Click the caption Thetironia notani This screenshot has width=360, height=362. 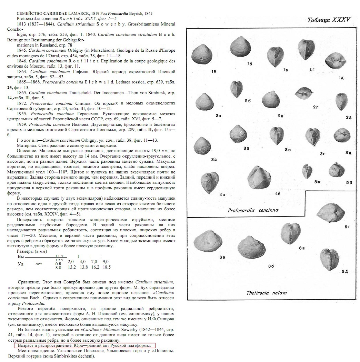[x=267, y=293]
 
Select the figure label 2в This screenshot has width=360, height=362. [x=280, y=115]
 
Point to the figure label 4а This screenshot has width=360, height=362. [x=222, y=195]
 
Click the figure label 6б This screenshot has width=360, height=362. [x=271, y=266]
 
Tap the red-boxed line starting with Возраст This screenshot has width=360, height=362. [x=85, y=345]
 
